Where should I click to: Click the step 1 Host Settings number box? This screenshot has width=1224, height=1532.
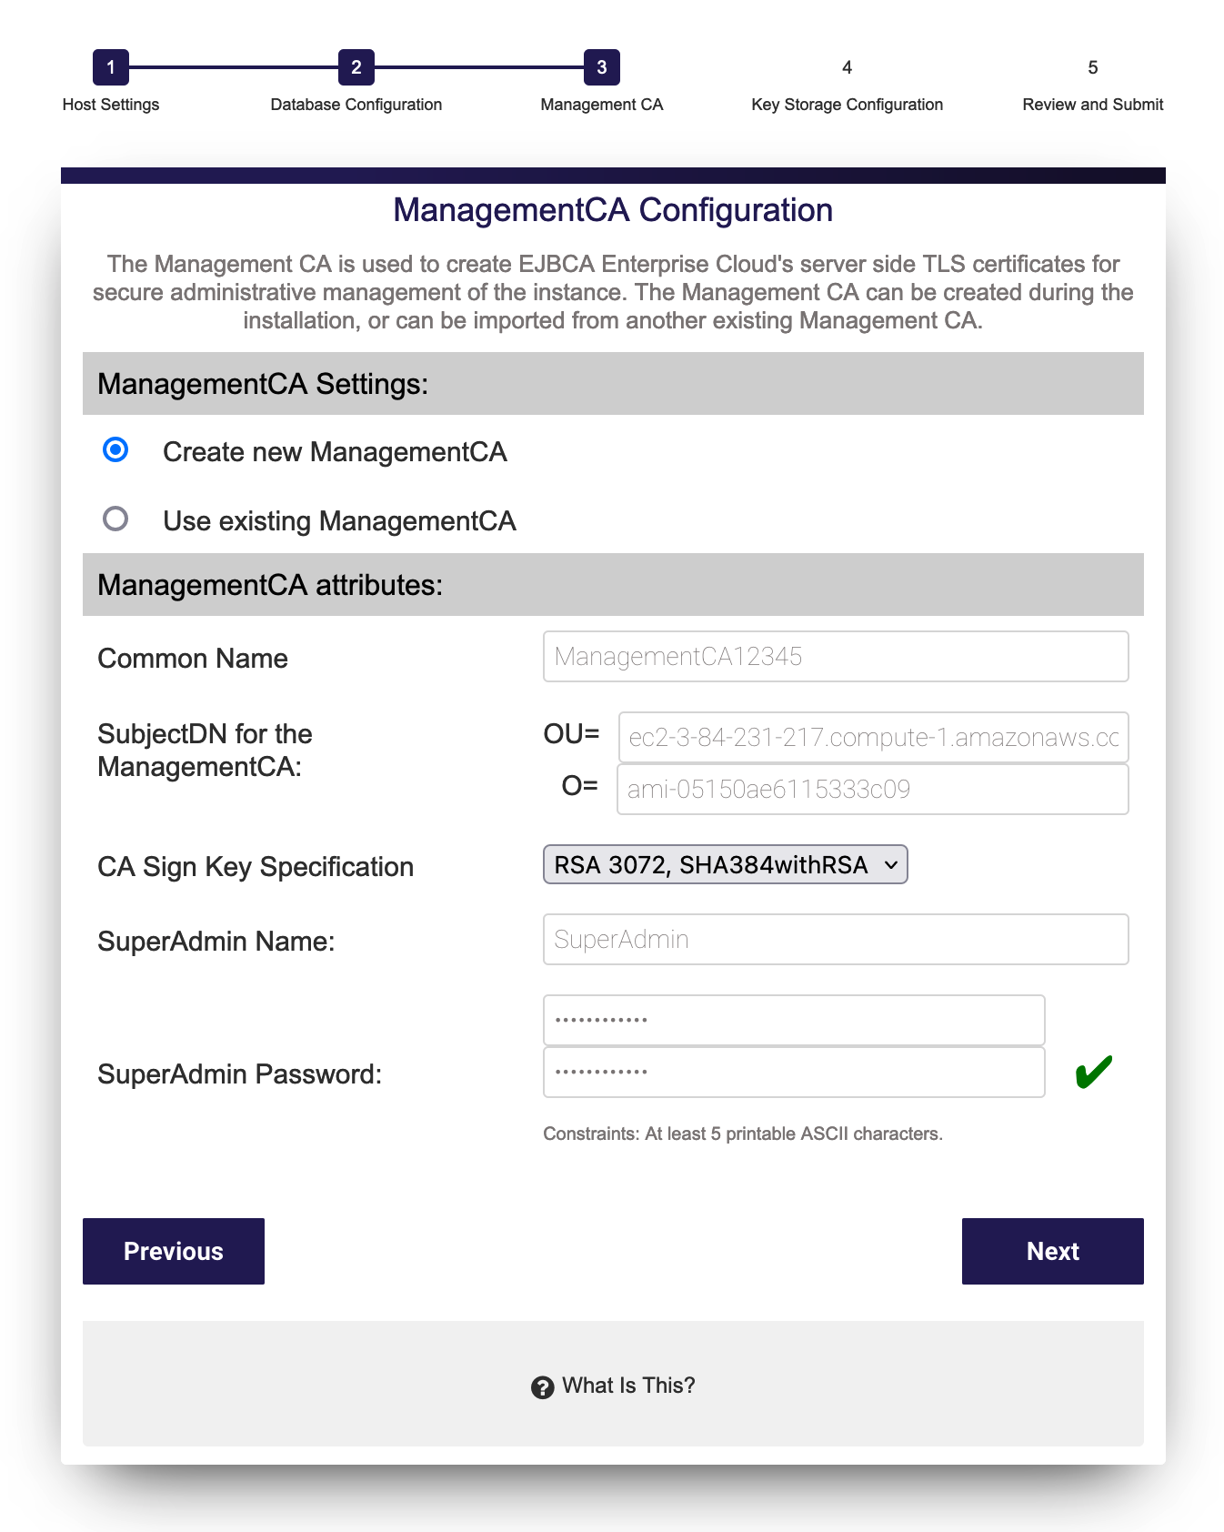coord(111,67)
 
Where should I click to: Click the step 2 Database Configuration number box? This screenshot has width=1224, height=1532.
coord(356,67)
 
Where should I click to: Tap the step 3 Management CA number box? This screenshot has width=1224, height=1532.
coord(602,67)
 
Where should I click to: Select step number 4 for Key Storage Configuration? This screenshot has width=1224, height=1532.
coord(847,67)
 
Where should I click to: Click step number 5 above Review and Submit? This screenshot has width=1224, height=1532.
coord(1092,67)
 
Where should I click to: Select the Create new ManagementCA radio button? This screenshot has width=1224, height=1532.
coord(115,450)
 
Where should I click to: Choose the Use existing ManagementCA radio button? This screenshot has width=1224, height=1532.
coord(115,519)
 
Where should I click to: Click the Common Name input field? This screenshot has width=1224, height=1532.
coord(835,656)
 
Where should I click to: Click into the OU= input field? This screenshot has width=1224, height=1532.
coord(873,737)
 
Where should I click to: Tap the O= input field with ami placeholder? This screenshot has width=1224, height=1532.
coord(872,789)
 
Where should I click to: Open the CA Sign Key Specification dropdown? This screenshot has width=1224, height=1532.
coord(725,864)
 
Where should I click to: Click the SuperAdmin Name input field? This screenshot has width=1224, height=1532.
coord(835,939)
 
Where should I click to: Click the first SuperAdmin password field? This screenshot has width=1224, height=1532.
coord(793,1020)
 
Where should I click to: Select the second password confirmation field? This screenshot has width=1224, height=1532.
coord(793,1072)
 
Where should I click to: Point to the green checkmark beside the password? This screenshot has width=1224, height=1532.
coord(1093,1072)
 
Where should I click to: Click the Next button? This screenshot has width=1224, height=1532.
coord(1052,1251)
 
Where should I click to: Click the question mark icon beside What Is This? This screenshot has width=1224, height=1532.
coord(543,1387)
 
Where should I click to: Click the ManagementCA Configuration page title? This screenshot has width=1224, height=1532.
coord(613,210)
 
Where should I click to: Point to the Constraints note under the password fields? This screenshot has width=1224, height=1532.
coord(742,1134)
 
